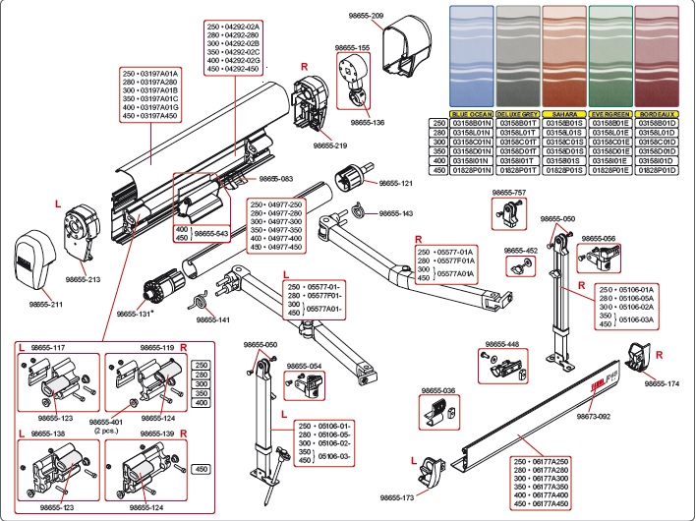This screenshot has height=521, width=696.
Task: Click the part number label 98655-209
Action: pos(364,17)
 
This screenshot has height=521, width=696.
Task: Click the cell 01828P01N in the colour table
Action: pos(472,170)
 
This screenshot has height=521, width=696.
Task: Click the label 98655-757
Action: pos(508,193)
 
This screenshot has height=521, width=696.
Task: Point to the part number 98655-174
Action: pos(662,384)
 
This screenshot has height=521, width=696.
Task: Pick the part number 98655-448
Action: pos(499,345)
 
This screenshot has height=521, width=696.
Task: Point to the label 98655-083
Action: pos(276,178)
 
